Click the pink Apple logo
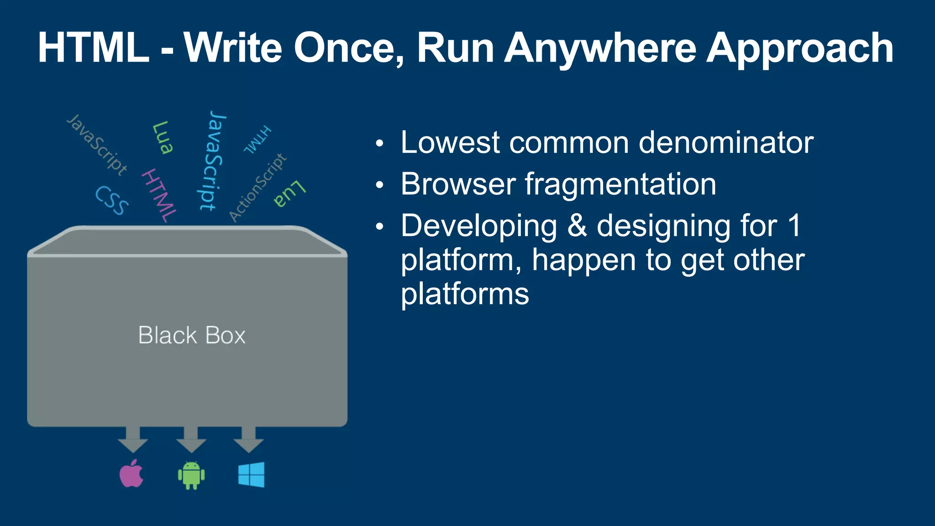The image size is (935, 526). click(131, 474)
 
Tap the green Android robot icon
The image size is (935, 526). click(191, 475)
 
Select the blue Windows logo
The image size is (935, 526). click(251, 475)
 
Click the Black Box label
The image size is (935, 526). click(192, 335)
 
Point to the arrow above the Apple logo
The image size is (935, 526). click(133, 439)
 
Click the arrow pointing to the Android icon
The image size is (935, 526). click(191, 439)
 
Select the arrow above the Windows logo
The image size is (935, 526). click(248, 439)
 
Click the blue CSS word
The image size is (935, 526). click(112, 200)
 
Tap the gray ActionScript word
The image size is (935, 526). click(257, 188)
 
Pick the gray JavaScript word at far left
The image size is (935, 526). click(97, 145)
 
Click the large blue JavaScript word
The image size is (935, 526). click(213, 161)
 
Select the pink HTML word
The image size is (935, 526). click(158, 195)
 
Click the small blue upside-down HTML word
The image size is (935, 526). click(257, 139)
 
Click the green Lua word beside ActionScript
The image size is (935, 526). click(289, 194)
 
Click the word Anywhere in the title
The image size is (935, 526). click(600, 48)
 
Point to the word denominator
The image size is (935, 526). click(726, 142)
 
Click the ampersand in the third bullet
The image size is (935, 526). click(577, 226)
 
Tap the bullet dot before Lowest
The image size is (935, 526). click(379, 144)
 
